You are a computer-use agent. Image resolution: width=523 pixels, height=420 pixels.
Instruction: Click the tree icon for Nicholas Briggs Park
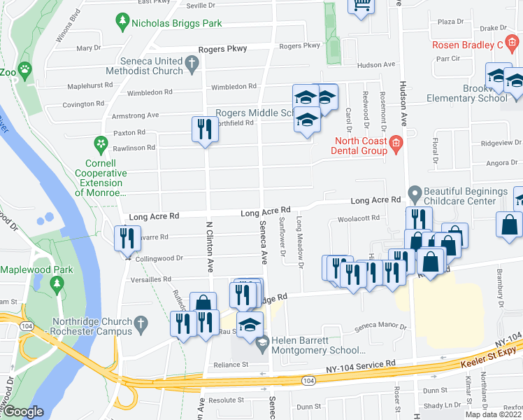[123, 23]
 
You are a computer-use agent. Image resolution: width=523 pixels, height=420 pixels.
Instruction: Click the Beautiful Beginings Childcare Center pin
[415, 192]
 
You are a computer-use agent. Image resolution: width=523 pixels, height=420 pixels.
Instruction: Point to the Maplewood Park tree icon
[59, 284]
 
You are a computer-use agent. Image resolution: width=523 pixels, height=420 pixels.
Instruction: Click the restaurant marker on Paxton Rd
[203, 129]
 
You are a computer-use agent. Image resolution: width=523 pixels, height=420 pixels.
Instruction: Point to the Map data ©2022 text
[494, 414]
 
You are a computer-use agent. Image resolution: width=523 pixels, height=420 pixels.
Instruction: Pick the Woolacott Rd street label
[358, 218]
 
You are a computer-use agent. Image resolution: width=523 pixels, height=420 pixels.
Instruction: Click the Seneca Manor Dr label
[380, 325]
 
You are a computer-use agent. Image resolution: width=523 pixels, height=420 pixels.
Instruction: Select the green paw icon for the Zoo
[25, 70]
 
